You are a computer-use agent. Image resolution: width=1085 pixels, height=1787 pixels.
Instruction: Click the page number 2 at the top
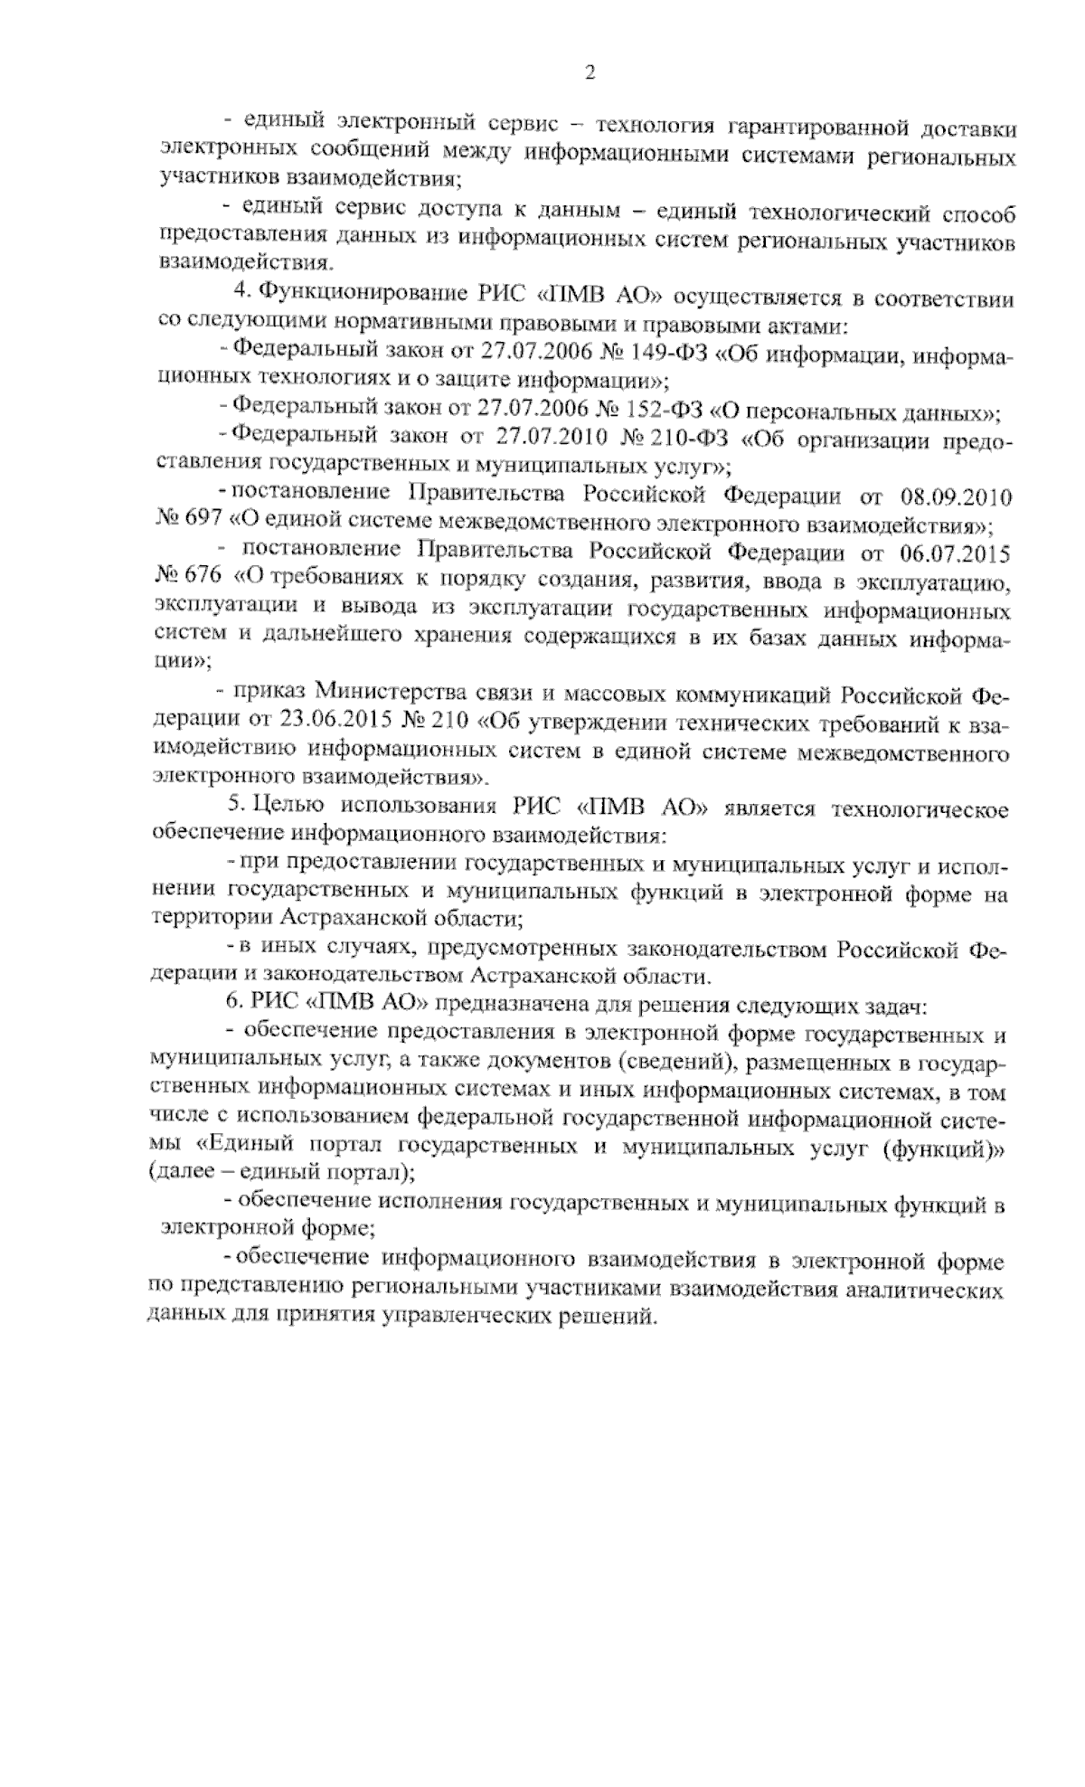(x=590, y=73)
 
